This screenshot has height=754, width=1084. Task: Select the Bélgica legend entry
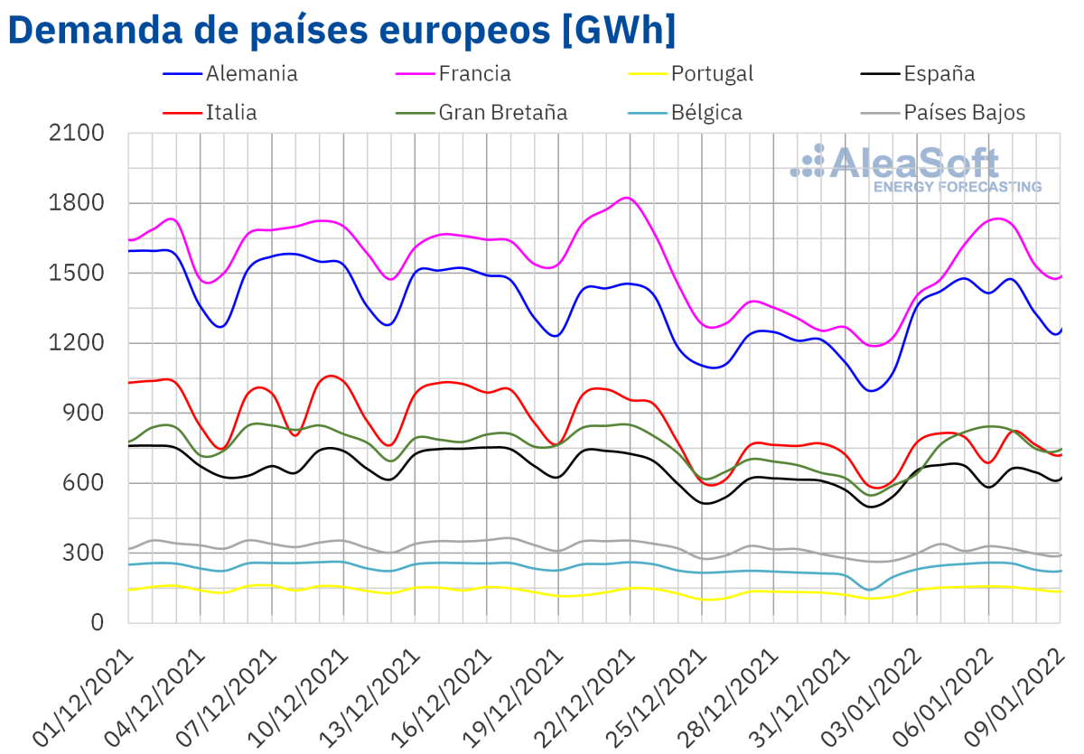706,113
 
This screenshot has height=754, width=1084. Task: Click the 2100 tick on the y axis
79,133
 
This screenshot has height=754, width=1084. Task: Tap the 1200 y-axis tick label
79,343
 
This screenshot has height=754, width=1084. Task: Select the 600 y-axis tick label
86,483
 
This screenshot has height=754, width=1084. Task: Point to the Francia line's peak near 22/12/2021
630,198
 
